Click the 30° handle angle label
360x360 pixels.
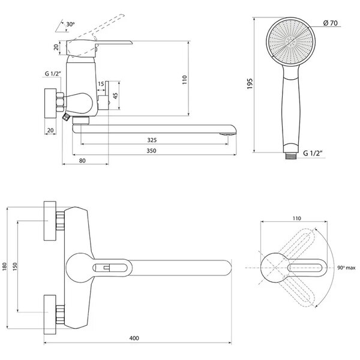coord(70,24)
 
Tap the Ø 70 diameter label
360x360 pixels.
coord(330,23)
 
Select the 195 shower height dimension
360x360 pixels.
coord(250,84)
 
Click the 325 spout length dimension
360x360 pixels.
coord(152,140)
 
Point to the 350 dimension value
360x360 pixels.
coord(151,151)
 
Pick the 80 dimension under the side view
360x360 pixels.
coord(82,161)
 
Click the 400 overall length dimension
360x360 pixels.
coord(134,338)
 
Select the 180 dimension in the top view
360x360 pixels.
coord(5,266)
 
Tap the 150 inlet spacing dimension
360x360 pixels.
coord(15,266)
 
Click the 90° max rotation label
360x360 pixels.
coord(346,268)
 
